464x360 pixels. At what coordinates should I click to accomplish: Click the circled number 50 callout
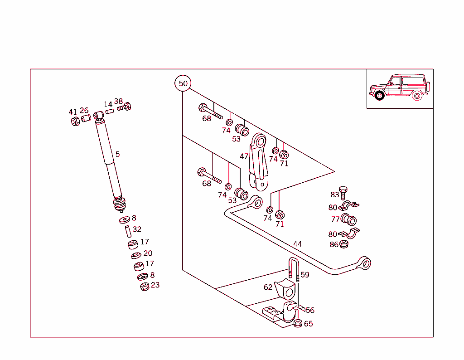(183, 83)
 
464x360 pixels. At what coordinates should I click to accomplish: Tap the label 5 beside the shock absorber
(117, 154)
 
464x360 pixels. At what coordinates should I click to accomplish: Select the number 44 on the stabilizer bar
(297, 244)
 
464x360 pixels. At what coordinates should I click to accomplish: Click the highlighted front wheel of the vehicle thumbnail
(379, 96)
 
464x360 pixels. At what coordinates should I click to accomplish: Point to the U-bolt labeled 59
(293, 270)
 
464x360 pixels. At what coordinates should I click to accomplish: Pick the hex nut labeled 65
(298, 323)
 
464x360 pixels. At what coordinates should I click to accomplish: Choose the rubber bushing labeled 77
(349, 220)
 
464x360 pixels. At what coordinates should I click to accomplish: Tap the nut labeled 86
(344, 244)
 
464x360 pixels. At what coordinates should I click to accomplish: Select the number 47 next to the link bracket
(244, 156)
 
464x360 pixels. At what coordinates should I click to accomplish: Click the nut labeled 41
(75, 122)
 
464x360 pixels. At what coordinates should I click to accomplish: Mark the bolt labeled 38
(124, 107)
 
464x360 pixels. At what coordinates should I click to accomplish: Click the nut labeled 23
(145, 287)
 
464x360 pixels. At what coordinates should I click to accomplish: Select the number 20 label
(148, 253)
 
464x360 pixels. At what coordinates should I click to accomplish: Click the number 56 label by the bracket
(310, 311)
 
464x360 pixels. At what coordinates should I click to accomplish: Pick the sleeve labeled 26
(86, 119)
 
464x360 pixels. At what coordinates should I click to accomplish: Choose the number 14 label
(108, 105)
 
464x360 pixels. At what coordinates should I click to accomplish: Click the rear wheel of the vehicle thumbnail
(417, 96)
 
